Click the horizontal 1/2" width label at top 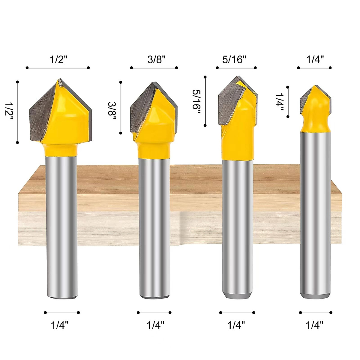[58, 59]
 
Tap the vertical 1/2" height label [9, 111]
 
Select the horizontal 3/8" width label [156, 59]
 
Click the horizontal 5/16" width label [234, 59]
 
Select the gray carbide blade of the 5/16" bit [228, 102]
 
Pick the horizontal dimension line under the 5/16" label [236, 68]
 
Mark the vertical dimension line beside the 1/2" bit [18, 112]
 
